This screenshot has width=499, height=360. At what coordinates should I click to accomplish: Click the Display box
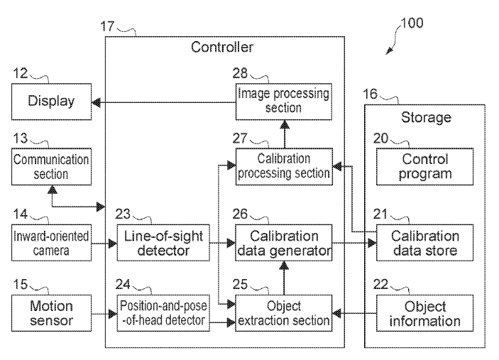[x=50, y=102]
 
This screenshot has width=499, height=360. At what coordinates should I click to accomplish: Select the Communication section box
[x=50, y=166]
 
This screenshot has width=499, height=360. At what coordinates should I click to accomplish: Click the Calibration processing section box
[x=284, y=166]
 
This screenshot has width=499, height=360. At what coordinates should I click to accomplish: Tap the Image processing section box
[x=284, y=100]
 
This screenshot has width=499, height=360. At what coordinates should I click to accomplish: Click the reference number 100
[x=411, y=22]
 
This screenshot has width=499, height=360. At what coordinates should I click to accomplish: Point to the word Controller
[x=222, y=48]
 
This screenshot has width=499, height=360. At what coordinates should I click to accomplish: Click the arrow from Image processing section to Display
[x=163, y=102]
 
